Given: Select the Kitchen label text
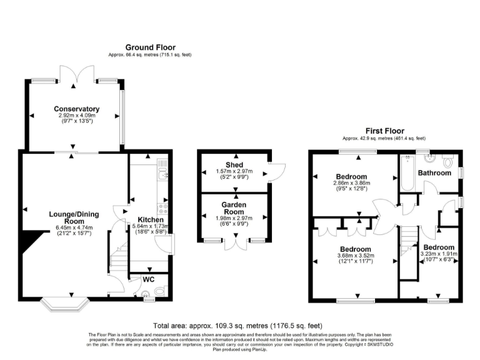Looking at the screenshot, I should click(151, 220).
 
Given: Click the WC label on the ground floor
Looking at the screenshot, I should click(149, 279).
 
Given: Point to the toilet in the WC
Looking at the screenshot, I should click(161, 290).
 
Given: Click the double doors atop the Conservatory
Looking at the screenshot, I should click(76, 74).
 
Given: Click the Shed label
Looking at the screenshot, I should click(234, 164).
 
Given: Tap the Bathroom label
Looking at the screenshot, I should click(434, 172).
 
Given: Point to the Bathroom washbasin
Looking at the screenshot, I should click(430, 156).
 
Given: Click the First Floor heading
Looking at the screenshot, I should click(384, 131).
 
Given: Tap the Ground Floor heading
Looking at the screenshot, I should click(150, 47).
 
